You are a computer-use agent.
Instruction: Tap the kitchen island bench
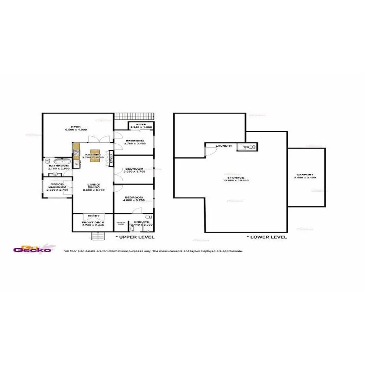[95, 155]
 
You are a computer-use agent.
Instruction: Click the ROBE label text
[141, 124]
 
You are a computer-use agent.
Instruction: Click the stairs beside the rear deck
[135, 116]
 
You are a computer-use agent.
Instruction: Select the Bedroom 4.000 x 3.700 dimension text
[134, 200]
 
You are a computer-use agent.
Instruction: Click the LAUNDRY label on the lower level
[224, 146]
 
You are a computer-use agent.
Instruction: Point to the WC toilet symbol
[251, 147]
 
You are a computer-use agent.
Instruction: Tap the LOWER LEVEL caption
[267, 237]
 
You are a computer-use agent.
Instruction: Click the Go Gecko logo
[32, 249]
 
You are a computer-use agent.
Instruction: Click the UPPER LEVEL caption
[135, 237]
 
